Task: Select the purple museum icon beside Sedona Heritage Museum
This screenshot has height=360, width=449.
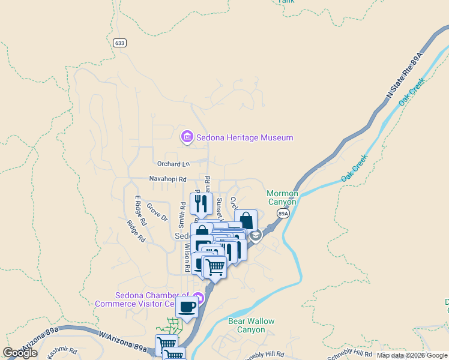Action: click(x=187, y=137)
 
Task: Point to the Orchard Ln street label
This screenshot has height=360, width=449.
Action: click(x=173, y=164)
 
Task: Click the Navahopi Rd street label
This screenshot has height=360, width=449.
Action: click(x=168, y=179)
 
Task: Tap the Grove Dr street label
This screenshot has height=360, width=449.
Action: click(x=157, y=213)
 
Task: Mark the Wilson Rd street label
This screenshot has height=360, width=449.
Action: click(x=187, y=255)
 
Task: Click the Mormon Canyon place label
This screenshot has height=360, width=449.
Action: click(x=282, y=197)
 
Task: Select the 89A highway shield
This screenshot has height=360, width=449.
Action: click(x=283, y=213)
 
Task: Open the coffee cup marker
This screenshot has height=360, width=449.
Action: click(x=187, y=307)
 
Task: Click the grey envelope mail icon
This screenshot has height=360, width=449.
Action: click(x=256, y=236)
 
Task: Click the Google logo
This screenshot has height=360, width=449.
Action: click(x=20, y=353)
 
